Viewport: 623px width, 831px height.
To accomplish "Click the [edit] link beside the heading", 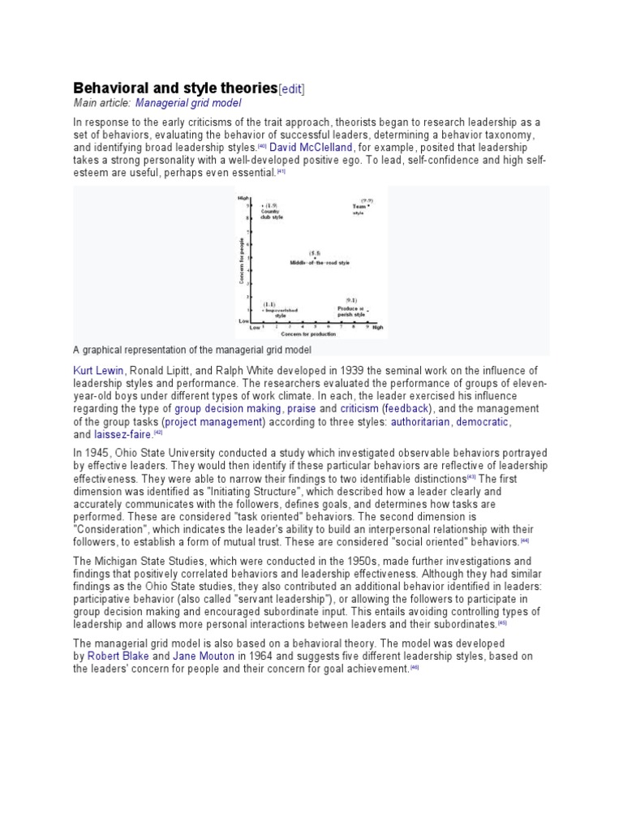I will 292,88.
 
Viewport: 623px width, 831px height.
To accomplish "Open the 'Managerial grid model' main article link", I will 188,103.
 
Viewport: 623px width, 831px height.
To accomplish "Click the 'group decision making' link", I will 228,409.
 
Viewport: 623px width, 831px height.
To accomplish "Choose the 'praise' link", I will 301,409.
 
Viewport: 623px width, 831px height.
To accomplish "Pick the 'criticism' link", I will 359,409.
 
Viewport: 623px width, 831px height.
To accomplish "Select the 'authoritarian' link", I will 421,422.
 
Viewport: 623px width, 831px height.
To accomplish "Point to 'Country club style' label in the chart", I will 271,214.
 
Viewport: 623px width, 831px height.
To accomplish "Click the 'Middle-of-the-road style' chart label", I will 320,263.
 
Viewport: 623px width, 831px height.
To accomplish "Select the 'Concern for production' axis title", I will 308,334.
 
